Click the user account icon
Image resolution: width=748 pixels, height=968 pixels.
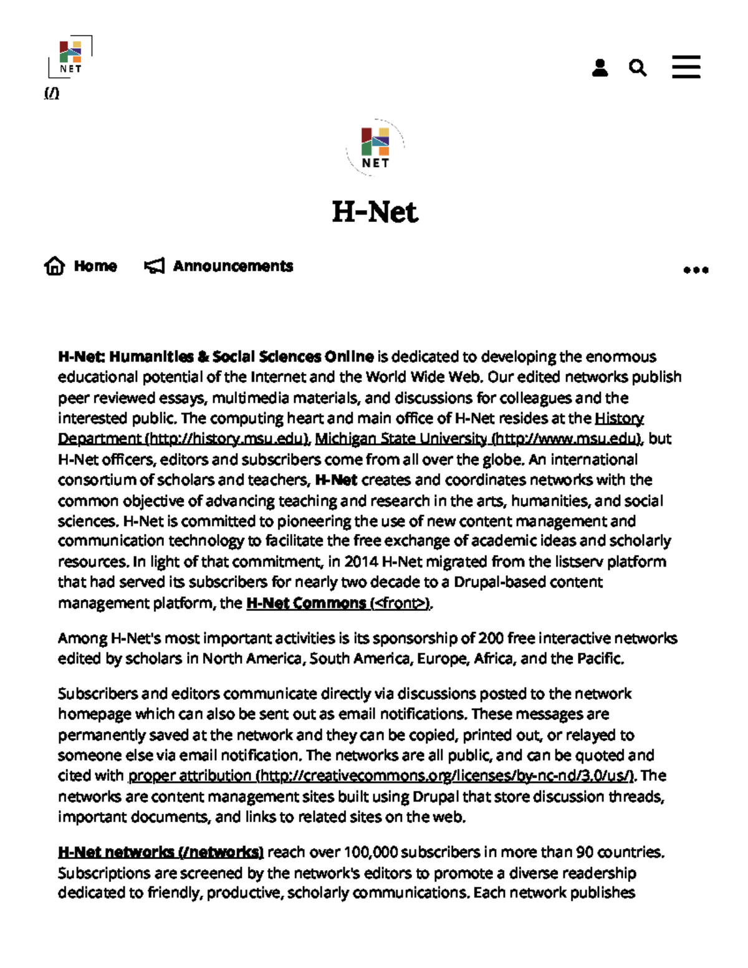point(600,67)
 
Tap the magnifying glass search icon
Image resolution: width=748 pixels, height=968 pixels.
point(637,67)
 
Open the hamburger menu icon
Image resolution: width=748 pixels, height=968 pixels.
point(686,67)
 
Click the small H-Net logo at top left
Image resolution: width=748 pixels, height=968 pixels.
point(70,57)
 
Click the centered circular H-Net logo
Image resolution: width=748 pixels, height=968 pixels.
point(375,148)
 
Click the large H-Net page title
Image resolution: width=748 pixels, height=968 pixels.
point(375,212)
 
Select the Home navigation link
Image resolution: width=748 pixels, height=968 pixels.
point(95,266)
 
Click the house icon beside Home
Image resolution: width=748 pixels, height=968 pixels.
point(55,266)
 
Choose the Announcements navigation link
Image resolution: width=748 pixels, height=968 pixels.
point(233,266)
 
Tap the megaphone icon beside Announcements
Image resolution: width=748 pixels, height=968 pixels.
point(154,266)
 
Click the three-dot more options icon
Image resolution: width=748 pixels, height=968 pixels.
point(696,270)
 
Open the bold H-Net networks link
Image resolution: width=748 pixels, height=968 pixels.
point(161,852)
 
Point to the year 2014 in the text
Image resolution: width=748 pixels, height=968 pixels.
point(361,562)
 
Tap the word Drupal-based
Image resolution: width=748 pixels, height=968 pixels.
point(493,582)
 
